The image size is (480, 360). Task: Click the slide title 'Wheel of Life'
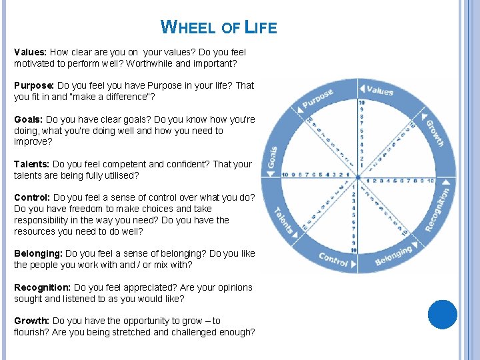(219, 27)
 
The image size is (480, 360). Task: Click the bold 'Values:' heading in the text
(31, 52)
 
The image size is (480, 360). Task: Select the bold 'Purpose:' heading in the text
(34, 86)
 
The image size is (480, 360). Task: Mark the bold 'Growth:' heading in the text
(31, 321)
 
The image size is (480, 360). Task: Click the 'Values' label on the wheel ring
(381, 91)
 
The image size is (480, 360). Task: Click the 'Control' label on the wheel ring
(333, 260)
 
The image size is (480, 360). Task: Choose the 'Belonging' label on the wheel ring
(393, 256)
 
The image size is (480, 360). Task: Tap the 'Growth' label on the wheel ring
(435, 133)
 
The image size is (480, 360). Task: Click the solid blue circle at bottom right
(443, 315)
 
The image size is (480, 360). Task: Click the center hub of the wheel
(358, 178)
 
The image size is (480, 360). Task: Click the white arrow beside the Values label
(362, 89)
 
